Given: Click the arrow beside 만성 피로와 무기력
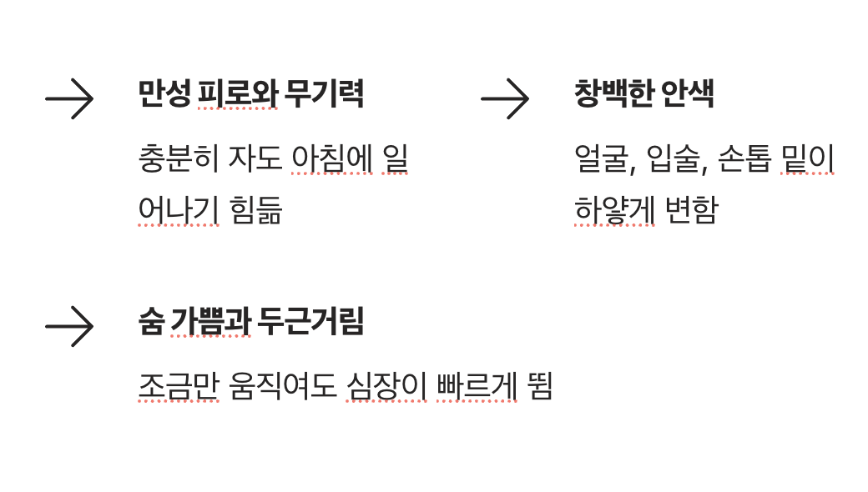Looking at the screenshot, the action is (x=69, y=98).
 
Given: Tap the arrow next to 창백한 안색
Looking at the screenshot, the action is (x=505, y=98).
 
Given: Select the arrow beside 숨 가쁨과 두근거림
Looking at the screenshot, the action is (x=69, y=326).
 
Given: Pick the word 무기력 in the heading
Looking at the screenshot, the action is (x=324, y=94).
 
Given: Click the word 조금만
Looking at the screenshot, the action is (x=178, y=387).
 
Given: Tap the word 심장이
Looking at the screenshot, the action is (x=386, y=387).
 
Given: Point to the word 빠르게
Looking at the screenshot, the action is (x=476, y=387).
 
